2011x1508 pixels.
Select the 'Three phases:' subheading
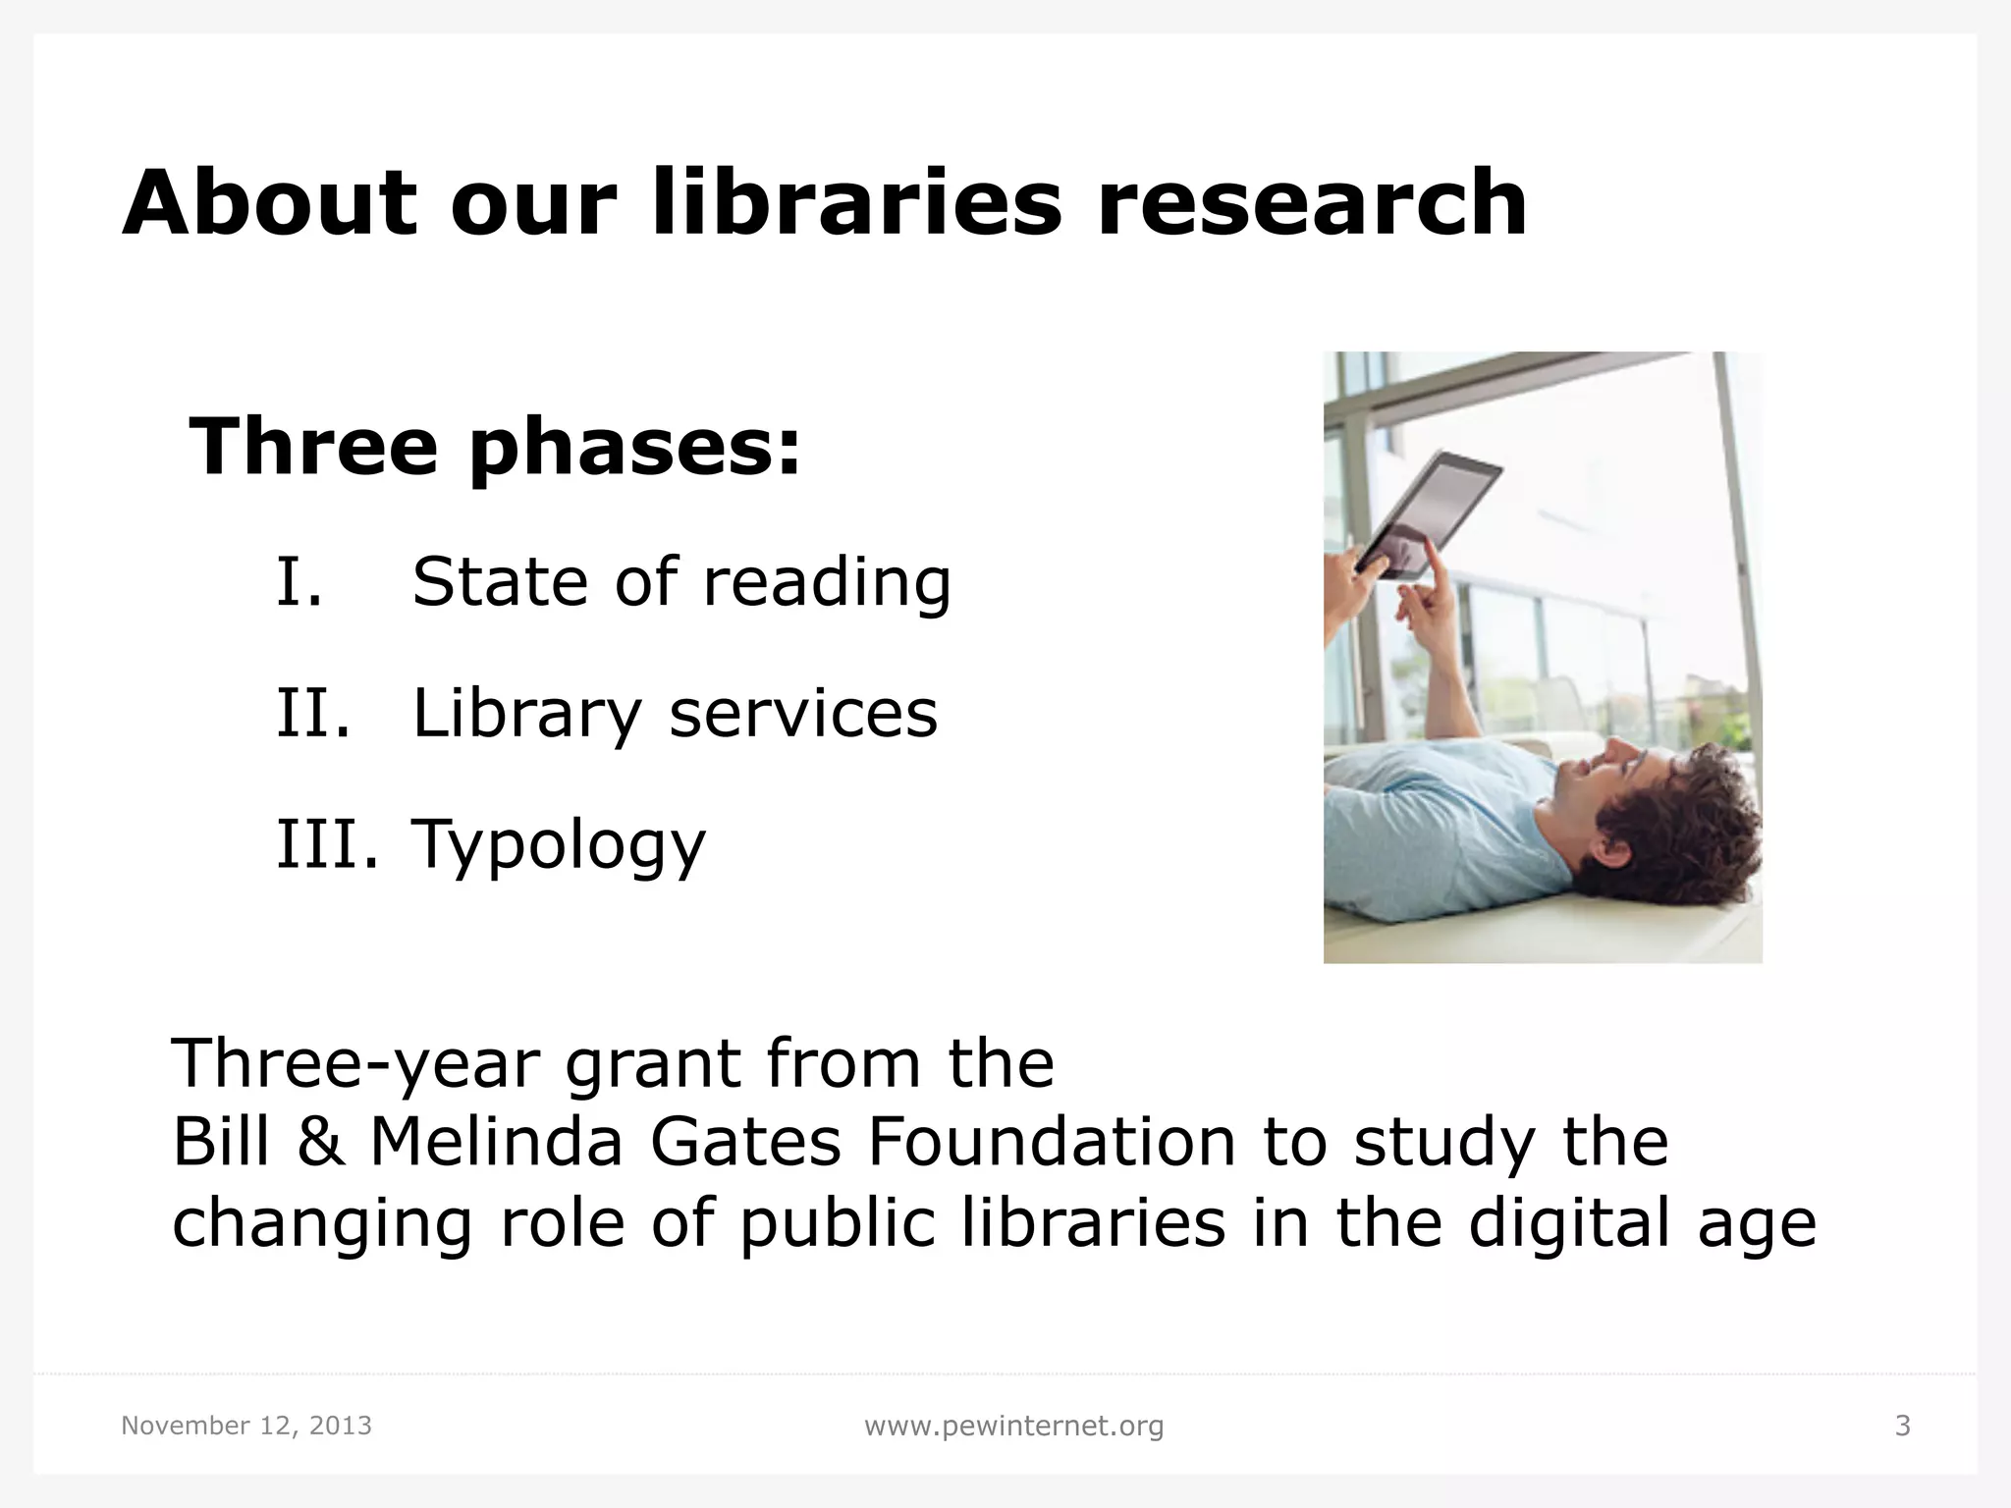495,448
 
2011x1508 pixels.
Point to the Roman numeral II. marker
313,713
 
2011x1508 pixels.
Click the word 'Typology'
559,845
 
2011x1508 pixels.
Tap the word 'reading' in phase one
827,583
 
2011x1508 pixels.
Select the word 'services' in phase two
802,713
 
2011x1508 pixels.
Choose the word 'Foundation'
1052,1143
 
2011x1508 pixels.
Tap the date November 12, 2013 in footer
246,1426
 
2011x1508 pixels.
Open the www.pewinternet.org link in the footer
1013,1426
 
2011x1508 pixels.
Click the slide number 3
1902,1426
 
